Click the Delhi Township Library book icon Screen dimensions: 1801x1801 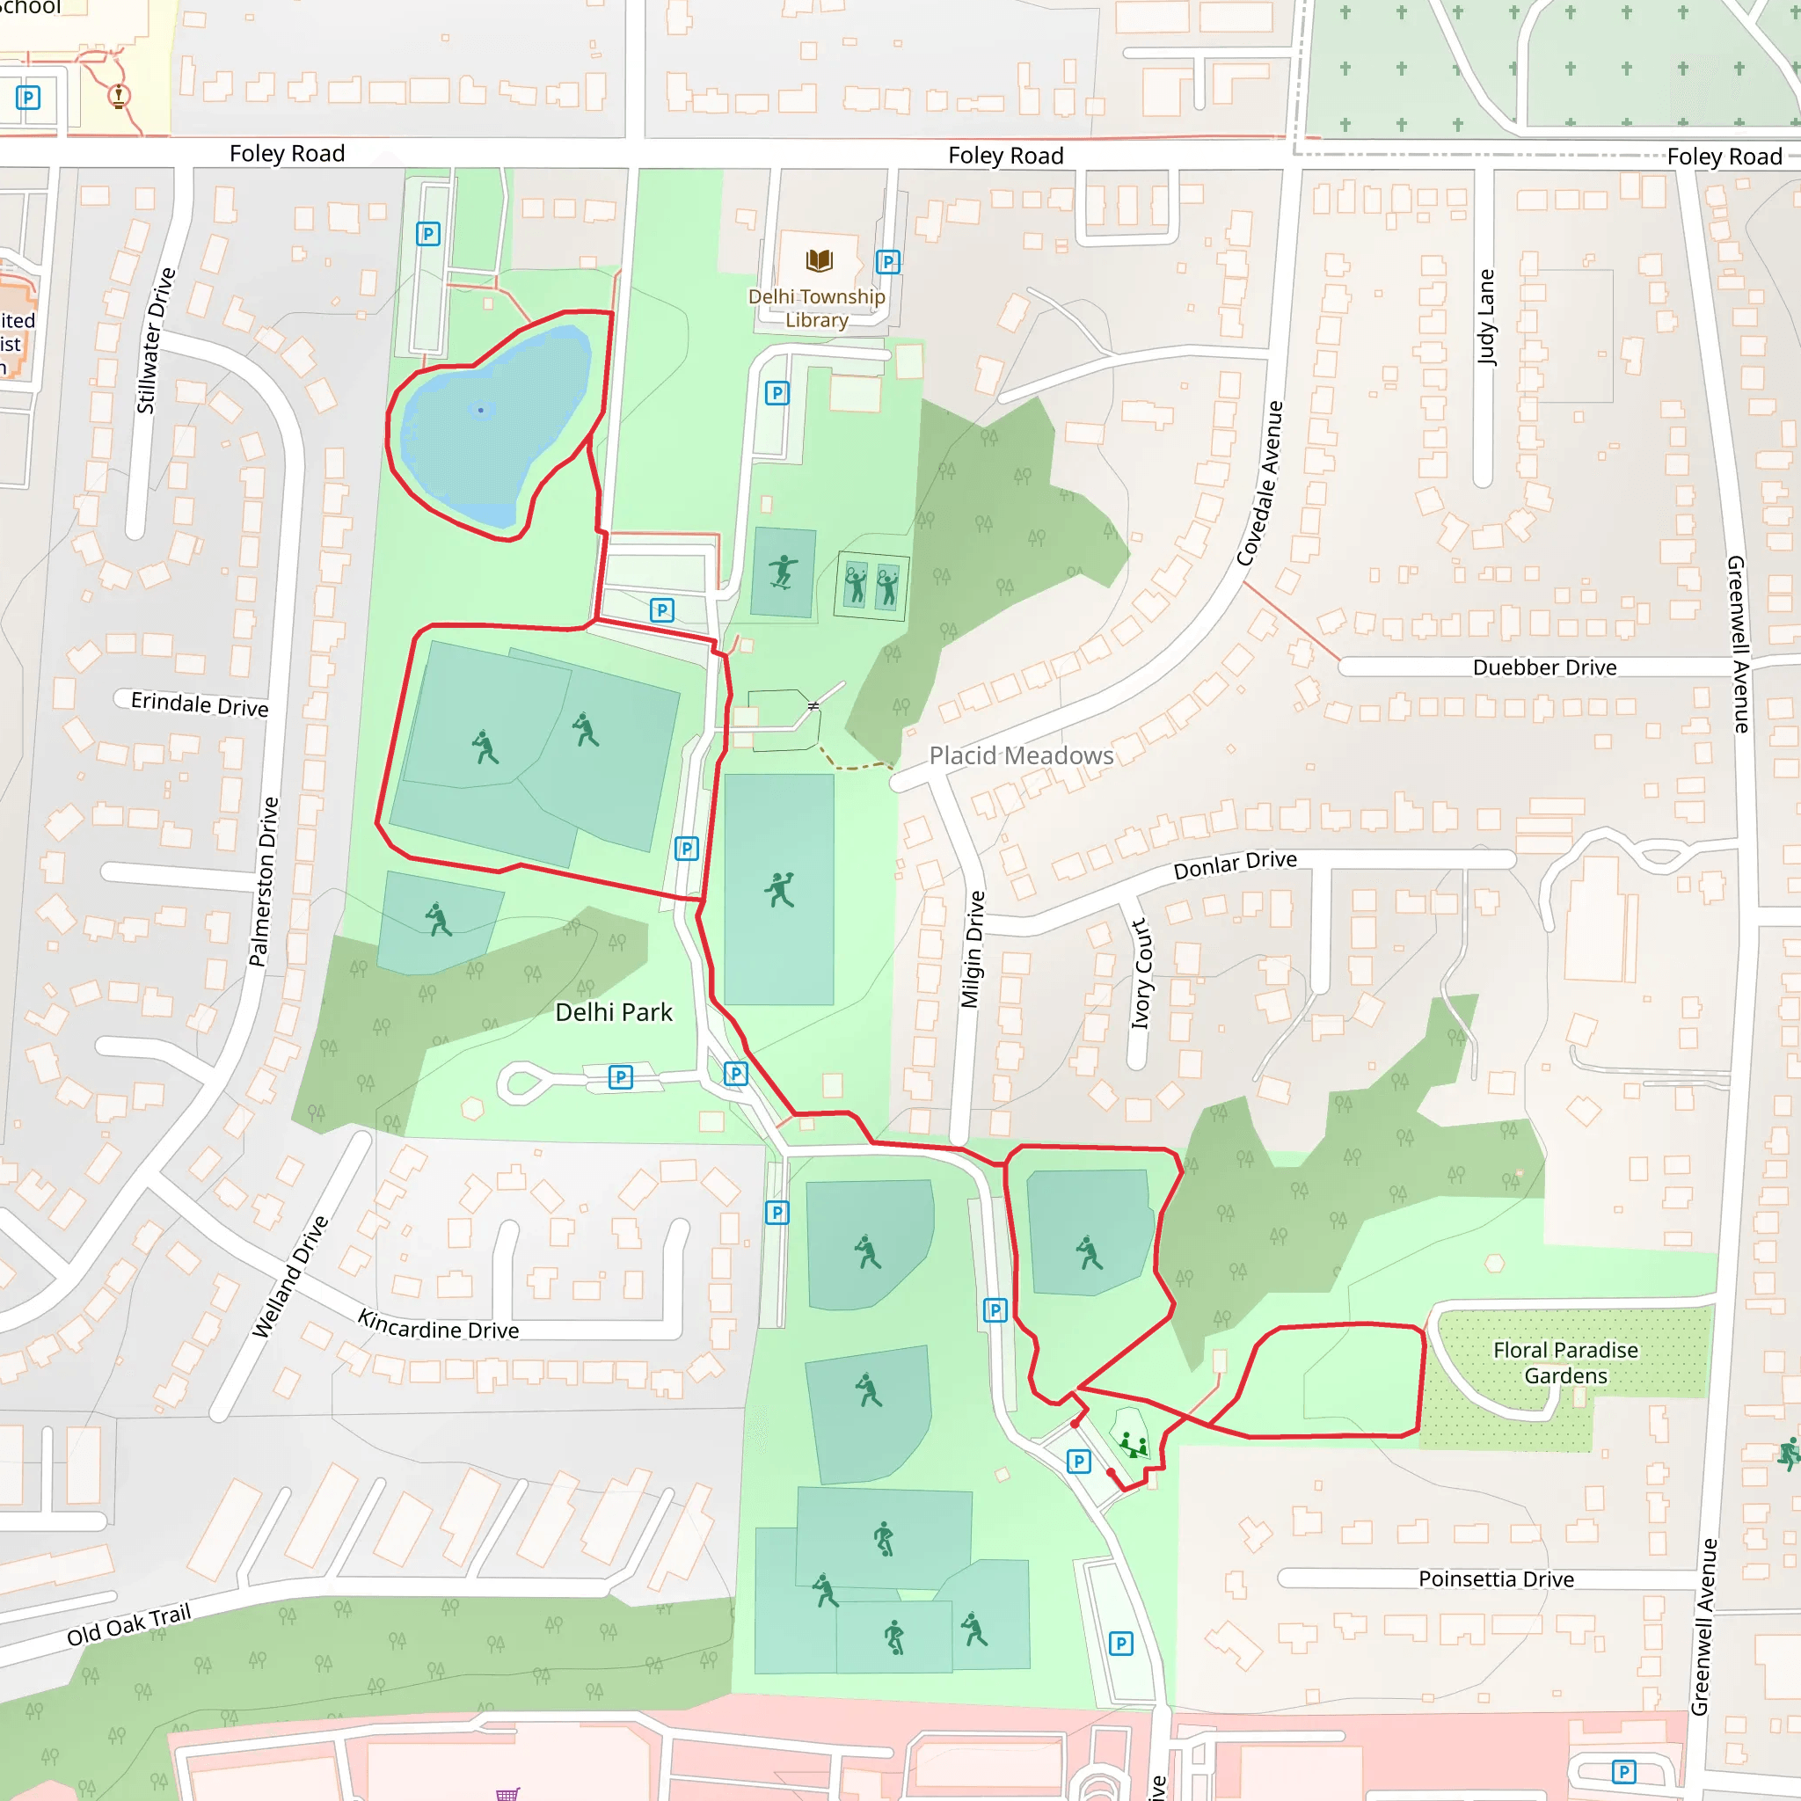click(819, 260)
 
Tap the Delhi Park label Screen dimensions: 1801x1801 click(614, 1012)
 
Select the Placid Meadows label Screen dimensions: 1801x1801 click(1021, 755)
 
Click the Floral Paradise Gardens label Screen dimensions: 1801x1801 click(1565, 1362)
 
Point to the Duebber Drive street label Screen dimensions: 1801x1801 click(1543, 667)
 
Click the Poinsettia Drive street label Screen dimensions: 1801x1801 click(1495, 1579)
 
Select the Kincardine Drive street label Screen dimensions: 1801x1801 click(438, 1324)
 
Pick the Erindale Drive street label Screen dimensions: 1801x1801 click(200, 704)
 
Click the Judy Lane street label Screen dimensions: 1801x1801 click(1486, 317)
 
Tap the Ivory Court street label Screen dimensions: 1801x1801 click(1141, 974)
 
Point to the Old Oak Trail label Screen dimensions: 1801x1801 click(128, 1625)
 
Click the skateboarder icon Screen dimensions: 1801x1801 click(783, 572)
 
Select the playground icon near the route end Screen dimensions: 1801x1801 click(1133, 1446)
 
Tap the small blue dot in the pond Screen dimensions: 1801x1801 click(481, 410)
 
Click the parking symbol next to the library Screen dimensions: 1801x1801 click(888, 262)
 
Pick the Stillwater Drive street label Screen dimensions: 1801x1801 click(156, 340)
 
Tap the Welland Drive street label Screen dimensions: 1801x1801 click(290, 1276)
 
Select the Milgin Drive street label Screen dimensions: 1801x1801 click(972, 949)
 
